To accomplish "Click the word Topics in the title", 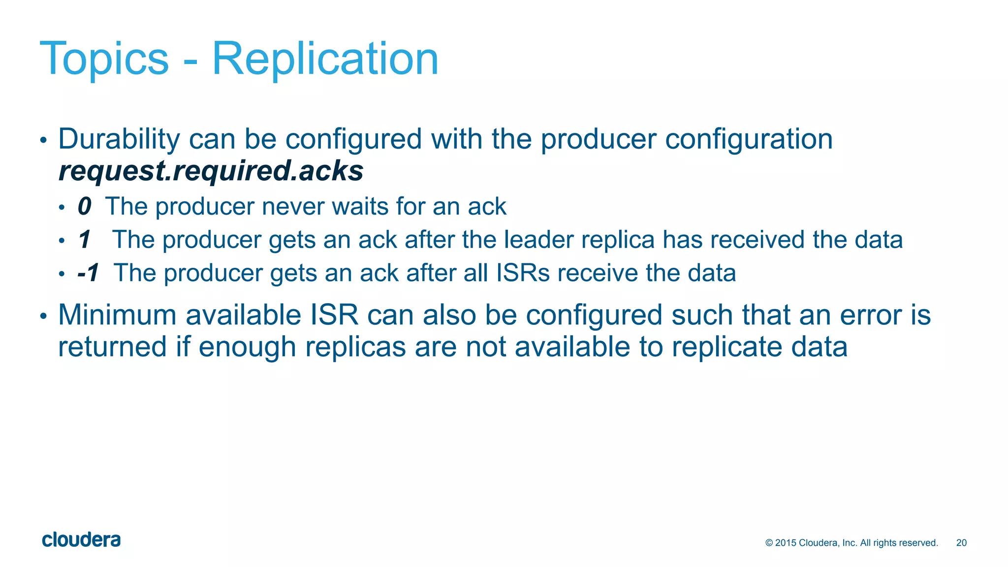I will coord(104,59).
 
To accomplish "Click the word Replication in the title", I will coord(325,59).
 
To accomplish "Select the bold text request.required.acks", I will coord(211,171).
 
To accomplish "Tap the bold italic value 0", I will coord(84,206).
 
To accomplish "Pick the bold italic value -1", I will coord(89,273).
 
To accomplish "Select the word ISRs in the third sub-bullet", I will coord(523,273).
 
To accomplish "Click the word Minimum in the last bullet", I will coord(117,315).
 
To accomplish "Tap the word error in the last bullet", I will coord(871,315).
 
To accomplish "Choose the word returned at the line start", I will coord(113,347).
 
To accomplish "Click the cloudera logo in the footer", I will coord(81,540).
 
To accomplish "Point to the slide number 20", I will coord(961,543).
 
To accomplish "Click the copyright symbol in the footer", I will coord(769,543).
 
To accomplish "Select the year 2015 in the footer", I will coord(786,543).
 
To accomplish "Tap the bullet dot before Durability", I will coord(43,140).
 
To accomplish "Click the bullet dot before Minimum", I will coord(43,316).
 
